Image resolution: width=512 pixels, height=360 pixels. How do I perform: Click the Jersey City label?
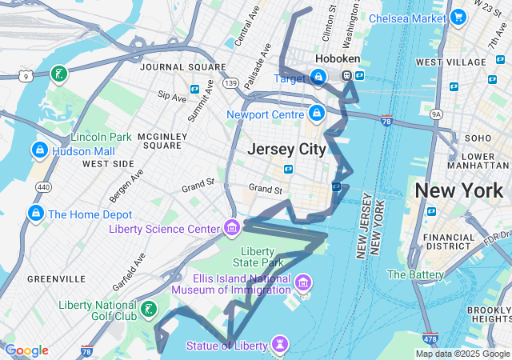click(x=286, y=149)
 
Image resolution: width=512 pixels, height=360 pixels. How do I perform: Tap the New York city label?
click(x=458, y=190)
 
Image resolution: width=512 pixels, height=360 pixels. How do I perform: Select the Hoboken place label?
click(x=338, y=59)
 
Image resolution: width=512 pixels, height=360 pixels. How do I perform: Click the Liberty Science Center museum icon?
click(x=232, y=229)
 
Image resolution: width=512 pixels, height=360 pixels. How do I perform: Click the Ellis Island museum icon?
click(x=302, y=282)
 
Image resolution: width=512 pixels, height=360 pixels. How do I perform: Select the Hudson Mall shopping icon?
click(x=38, y=150)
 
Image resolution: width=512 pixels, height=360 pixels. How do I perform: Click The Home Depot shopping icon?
click(x=35, y=214)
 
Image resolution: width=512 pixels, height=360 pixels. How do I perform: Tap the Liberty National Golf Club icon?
click(x=148, y=309)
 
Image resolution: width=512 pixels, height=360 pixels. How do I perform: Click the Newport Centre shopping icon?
click(x=317, y=114)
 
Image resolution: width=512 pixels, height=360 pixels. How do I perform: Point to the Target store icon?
click(x=318, y=78)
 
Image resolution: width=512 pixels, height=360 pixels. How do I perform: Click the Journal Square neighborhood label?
click(x=174, y=66)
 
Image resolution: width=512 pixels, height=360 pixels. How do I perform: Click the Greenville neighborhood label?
click(x=56, y=278)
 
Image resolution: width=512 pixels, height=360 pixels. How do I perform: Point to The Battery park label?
click(x=415, y=274)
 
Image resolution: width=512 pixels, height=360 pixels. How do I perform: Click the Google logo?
click(x=26, y=350)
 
